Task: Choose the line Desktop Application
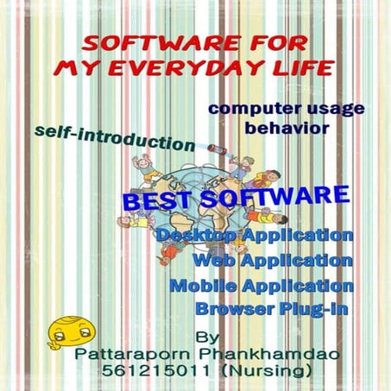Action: coord(255,236)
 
